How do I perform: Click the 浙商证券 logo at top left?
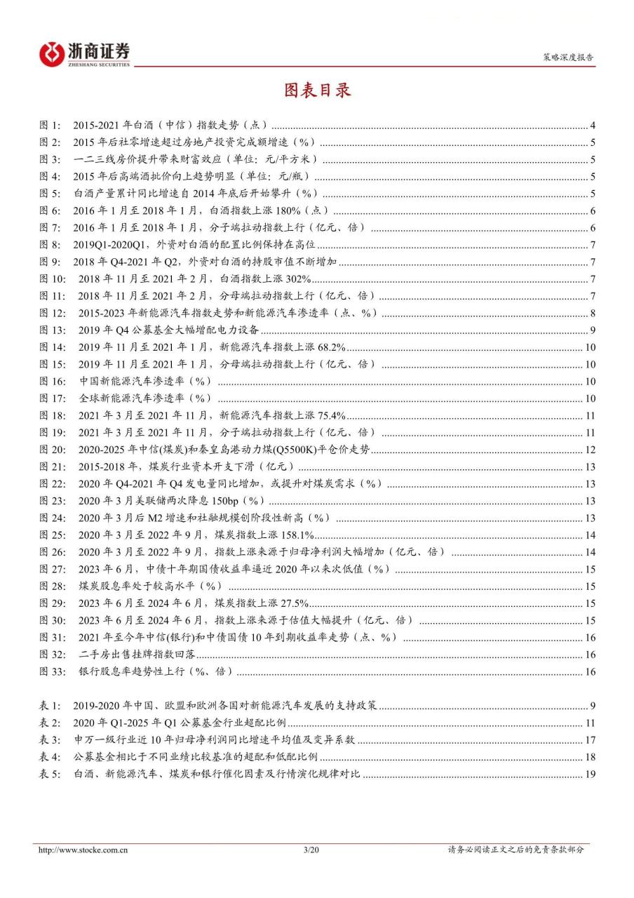[x=85, y=53]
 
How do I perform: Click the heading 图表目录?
[x=316, y=91]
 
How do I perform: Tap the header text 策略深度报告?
[x=569, y=59]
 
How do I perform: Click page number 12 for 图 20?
[x=590, y=450]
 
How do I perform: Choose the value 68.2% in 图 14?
[x=330, y=347]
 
